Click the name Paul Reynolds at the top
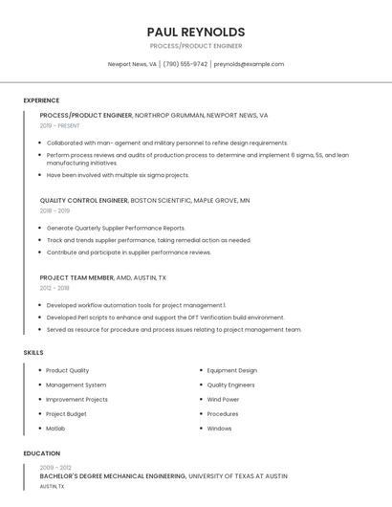point(196,32)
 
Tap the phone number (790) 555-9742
point(185,64)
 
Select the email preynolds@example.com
point(249,64)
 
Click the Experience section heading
point(41,100)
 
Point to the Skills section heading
point(33,353)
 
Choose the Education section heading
point(42,453)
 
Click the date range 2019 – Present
point(59,125)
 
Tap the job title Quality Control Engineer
point(84,201)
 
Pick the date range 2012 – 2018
point(54,288)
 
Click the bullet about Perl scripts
point(165,318)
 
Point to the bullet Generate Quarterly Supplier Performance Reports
point(116,228)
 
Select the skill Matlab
point(55,429)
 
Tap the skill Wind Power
point(223,399)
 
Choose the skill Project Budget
point(66,414)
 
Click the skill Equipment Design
point(231,370)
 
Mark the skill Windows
point(219,429)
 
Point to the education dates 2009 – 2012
point(55,467)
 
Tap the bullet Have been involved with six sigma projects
point(118,175)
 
